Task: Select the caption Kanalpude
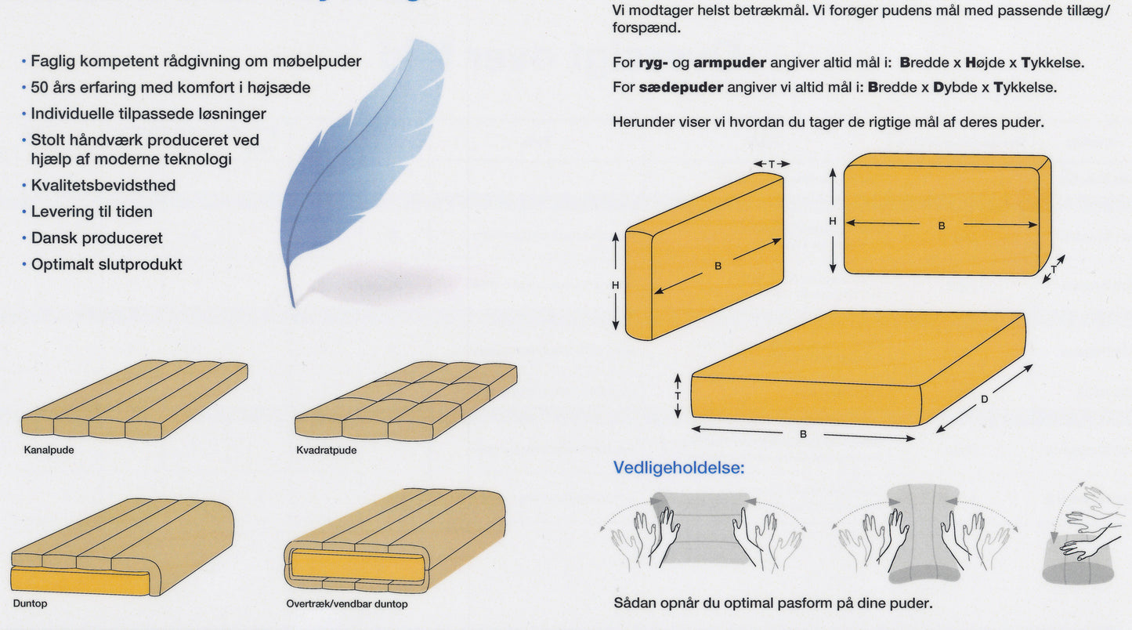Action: (49, 450)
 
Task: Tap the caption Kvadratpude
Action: (327, 450)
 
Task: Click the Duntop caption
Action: (31, 603)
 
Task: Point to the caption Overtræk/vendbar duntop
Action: (347, 603)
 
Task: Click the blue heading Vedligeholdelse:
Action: (678, 468)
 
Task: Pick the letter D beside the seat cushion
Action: (984, 400)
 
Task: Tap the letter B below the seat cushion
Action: (803, 434)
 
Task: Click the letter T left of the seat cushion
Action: (678, 396)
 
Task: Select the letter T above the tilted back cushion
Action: (772, 164)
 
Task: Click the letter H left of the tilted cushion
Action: (615, 285)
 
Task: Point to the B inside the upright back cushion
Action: (942, 226)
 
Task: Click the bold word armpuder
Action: (730, 63)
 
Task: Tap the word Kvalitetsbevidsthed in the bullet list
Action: (103, 186)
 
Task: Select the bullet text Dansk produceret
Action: (97, 238)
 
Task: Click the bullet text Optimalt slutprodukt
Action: (107, 264)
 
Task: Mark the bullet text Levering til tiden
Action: (92, 212)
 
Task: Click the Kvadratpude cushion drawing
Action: (407, 400)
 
